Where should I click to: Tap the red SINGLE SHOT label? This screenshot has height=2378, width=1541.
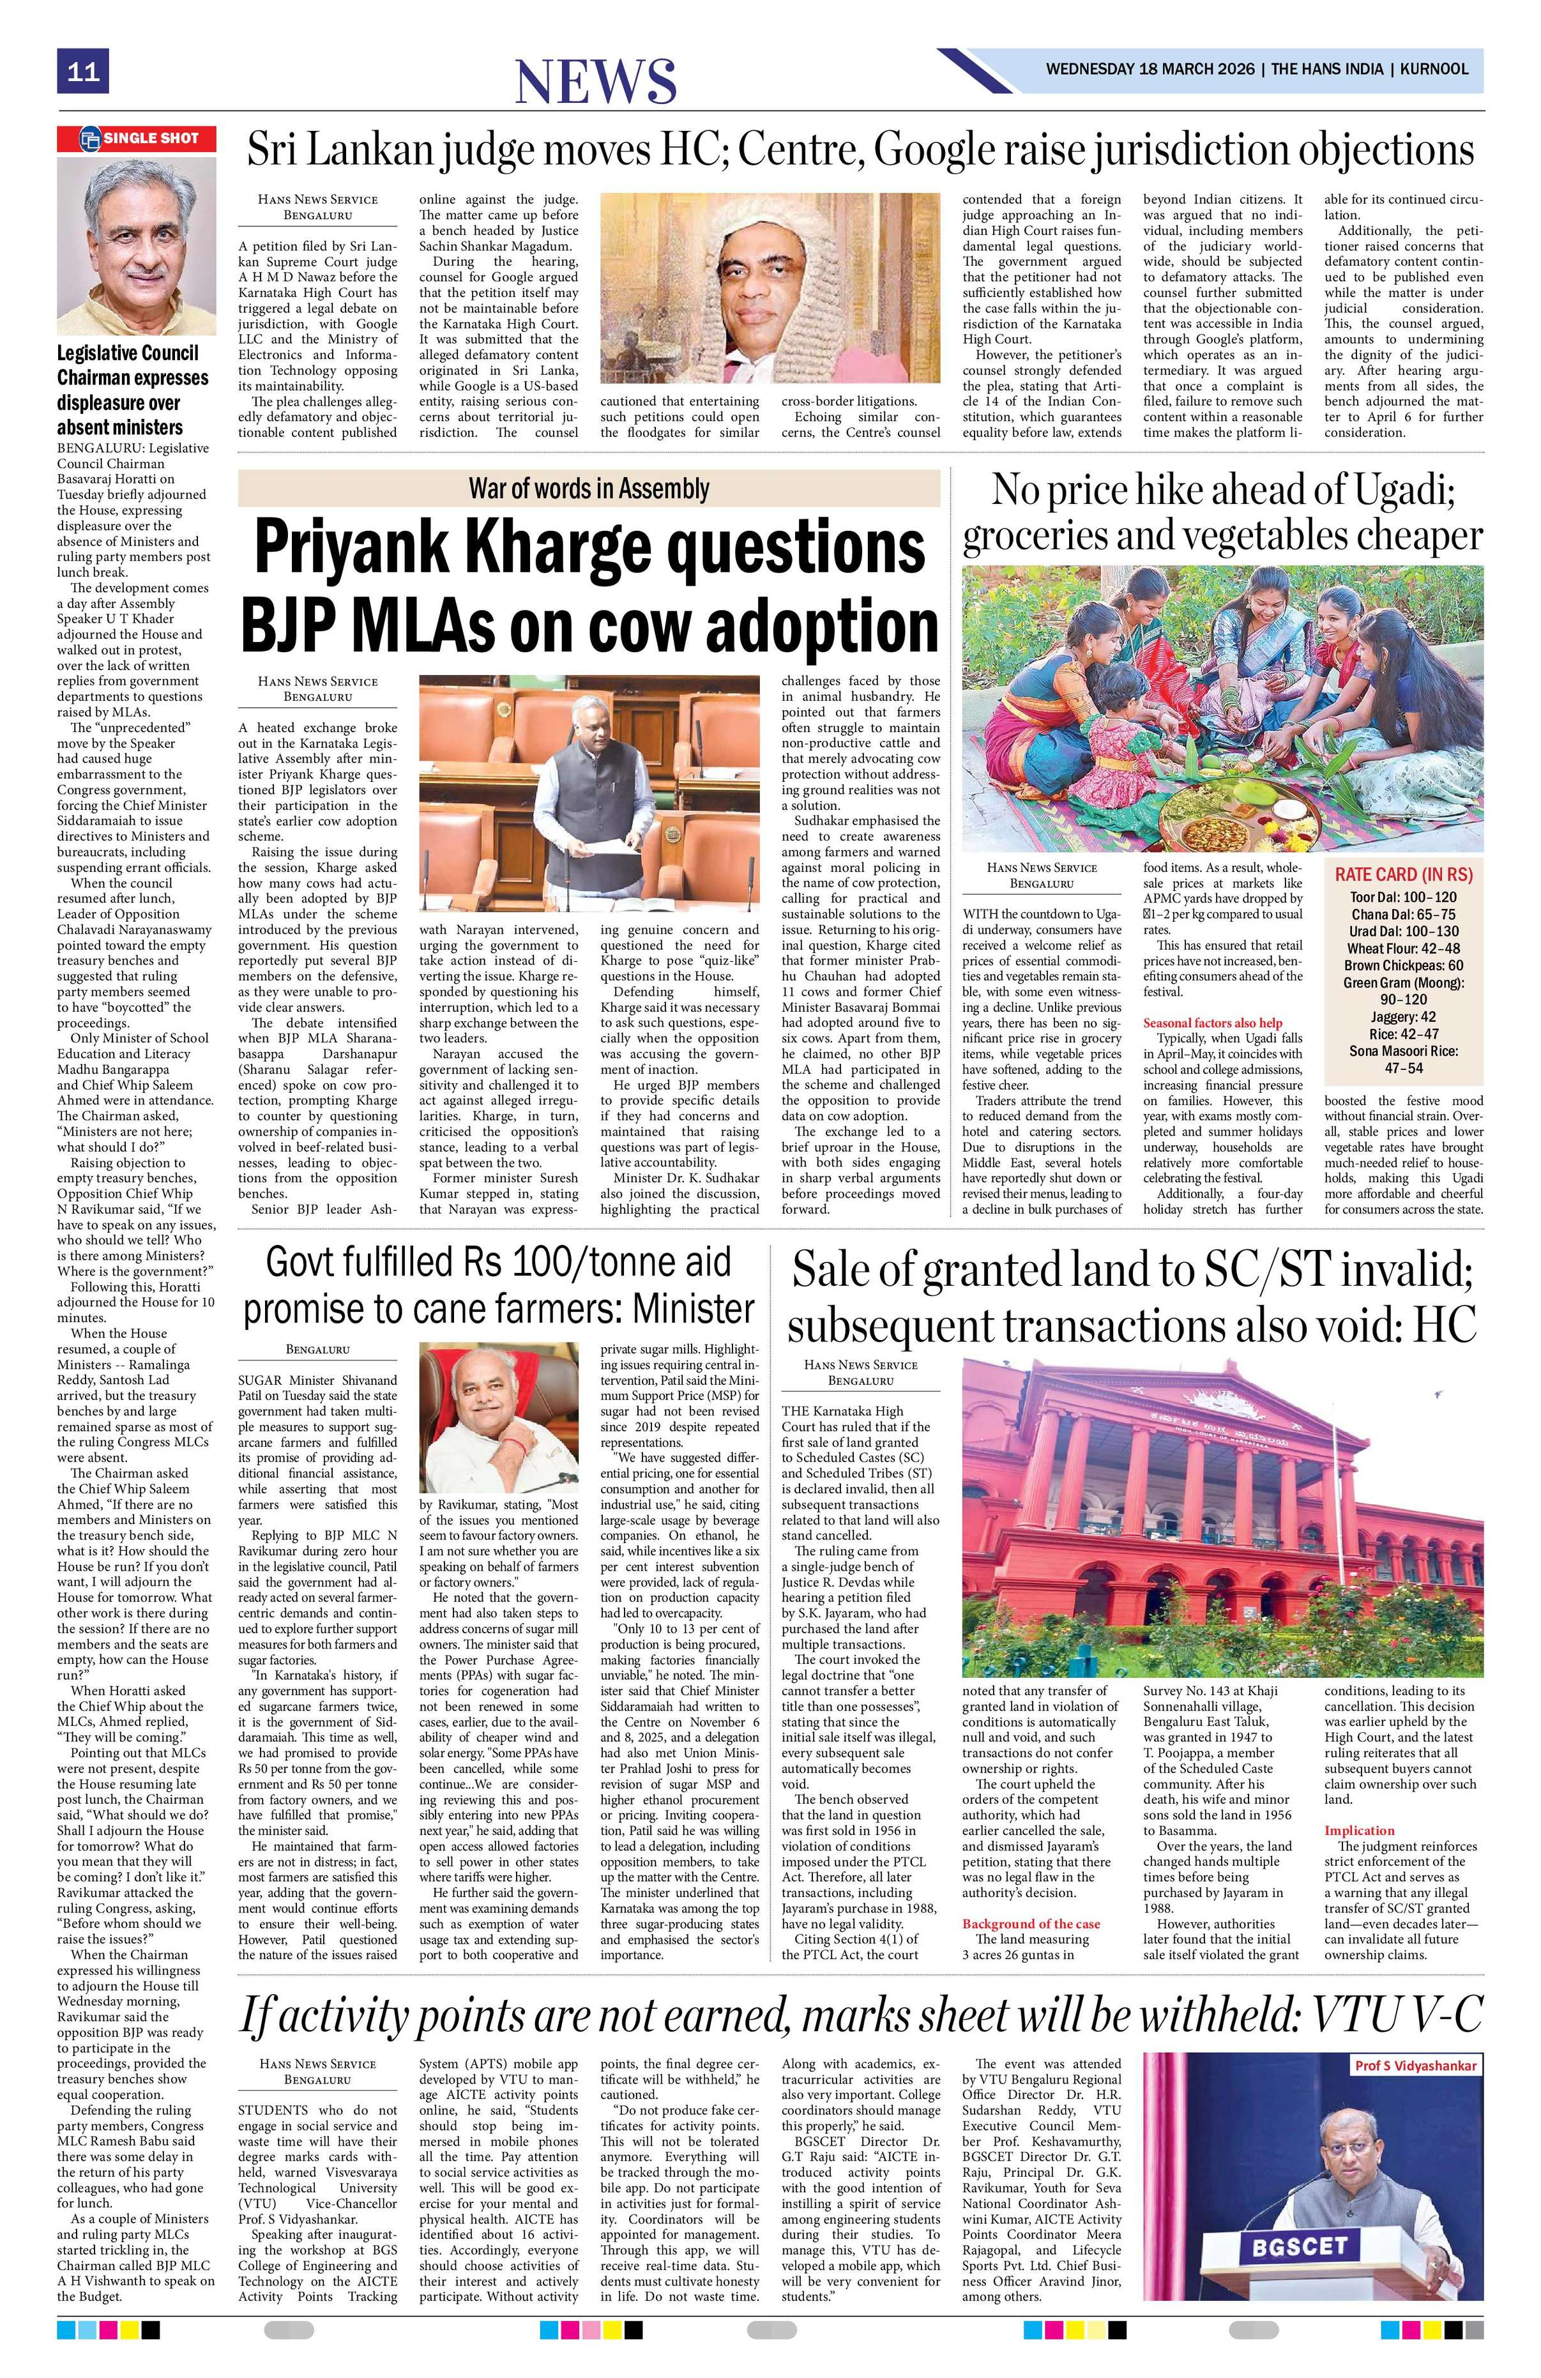137,139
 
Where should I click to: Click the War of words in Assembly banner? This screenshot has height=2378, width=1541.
589,489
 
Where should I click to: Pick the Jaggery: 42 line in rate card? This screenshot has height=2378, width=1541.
1403,1016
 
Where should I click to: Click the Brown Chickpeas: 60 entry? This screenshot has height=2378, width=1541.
1403,964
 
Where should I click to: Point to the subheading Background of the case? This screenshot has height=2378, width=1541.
1031,1923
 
